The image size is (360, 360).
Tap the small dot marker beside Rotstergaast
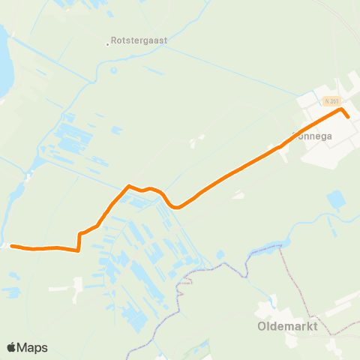tap(107, 43)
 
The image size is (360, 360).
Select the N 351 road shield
tap(332, 100)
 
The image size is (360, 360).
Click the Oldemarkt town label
tap(288, 327)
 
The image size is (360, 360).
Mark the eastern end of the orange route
tap(348, 117)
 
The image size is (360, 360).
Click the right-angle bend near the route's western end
tap(79, 250)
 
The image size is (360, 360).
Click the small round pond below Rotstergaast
tap(114, 71)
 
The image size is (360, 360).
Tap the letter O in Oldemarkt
tap(262, 327)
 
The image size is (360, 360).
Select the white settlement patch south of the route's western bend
tap(75, 285)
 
